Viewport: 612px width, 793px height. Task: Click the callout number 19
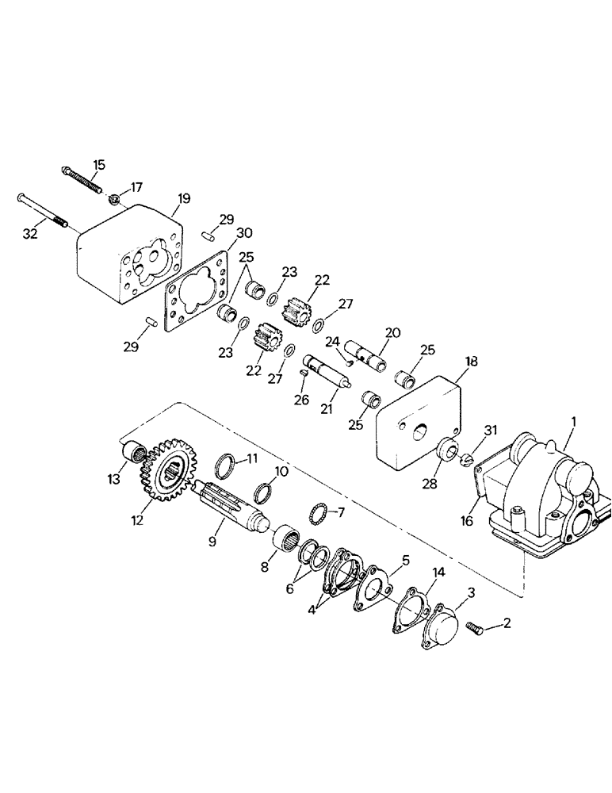pos(183,199)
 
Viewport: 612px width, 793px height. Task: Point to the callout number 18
pos(471,361)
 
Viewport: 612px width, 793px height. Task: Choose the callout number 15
pos(98,164)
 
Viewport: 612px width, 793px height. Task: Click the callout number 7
pos(341,512)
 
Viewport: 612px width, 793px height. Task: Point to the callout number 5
pos(405,560)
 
